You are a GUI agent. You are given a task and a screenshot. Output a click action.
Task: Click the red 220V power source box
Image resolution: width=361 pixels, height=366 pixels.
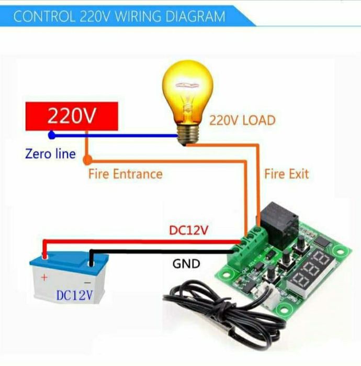click(72, 116)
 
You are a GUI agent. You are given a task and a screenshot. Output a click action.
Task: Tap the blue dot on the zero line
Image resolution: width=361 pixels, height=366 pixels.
click(52, 135)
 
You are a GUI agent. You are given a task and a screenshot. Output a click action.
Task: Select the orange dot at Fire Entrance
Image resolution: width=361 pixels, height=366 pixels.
click(87, 160)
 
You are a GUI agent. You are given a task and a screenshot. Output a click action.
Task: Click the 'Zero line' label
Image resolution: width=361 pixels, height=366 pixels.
click(50, 154)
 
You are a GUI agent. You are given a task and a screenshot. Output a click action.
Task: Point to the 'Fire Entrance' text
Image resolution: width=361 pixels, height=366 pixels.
click(126, 174)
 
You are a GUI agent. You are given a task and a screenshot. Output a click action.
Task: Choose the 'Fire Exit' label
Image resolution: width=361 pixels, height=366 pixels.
click(286, 174)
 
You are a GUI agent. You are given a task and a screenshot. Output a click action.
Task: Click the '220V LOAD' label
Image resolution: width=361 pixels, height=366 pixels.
click(242, 120)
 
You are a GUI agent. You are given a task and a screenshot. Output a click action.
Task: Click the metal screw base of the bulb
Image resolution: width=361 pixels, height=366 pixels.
click(188, 134)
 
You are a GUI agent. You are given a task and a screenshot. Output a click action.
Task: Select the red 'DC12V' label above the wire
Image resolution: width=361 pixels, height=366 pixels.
click(188, 230)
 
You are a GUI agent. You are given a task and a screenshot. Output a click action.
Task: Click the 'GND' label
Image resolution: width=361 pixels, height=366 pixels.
click(186, 264)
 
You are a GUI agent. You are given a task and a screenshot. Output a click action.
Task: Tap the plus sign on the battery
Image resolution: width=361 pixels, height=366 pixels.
click(44, 278)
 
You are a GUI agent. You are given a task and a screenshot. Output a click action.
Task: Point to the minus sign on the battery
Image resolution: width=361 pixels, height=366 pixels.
click(87, 283)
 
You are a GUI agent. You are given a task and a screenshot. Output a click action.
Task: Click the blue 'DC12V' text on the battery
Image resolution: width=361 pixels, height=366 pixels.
click(74, 295)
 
